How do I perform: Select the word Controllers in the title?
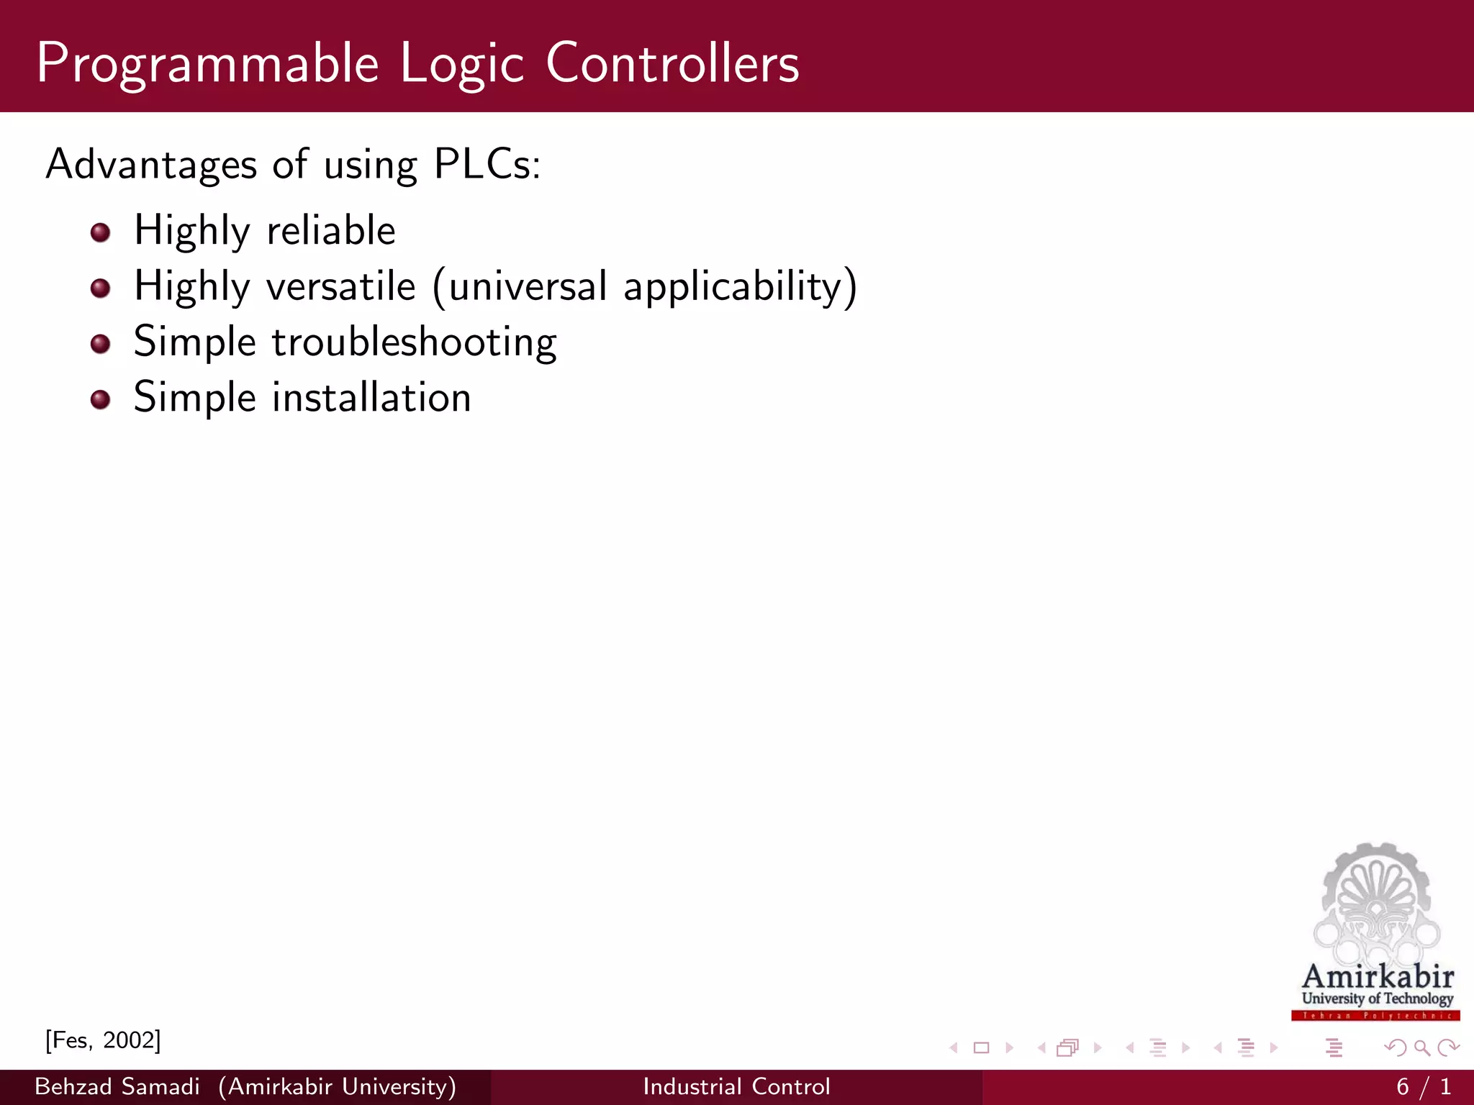[x=672, y=63]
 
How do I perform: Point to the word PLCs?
[x=487, y=165]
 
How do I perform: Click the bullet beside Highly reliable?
[x=101, y=232]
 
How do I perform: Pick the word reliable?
[x=331, y=231]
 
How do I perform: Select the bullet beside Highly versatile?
[x=101, y=288]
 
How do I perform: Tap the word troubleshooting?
[x=414, y=342]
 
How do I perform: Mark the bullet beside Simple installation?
[x=101, y=399]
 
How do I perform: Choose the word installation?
[x=371, y=398]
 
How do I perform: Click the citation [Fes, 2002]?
[x=103, y=1040]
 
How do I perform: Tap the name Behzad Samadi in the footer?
[x=117, y=1087]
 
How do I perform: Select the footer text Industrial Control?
[x=736, y=1087]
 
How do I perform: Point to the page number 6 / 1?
[x=1423, y=1087]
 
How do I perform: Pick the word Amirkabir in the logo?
[x=1378, y=976]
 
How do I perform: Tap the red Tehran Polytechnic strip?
[x=1375, y=1016]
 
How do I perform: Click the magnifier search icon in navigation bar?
[x=1421, y=1048]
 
